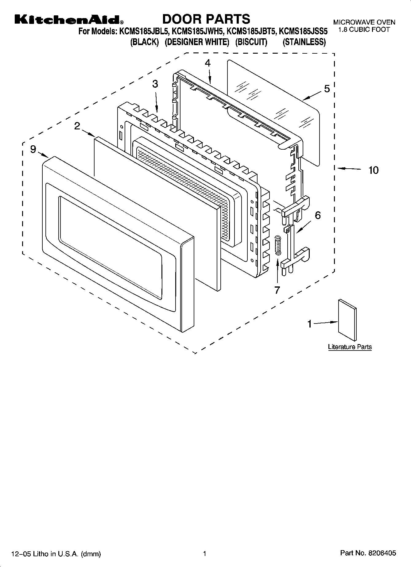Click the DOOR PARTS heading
206,19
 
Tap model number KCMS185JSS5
304,31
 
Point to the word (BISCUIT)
251,42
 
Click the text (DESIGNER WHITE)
197,42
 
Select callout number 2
77,126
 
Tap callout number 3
155,84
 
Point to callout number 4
208,63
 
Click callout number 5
327,89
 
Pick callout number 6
318,215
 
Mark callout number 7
277,289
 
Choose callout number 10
373,170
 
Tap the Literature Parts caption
350,347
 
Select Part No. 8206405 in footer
368,553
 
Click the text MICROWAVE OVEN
364,22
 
